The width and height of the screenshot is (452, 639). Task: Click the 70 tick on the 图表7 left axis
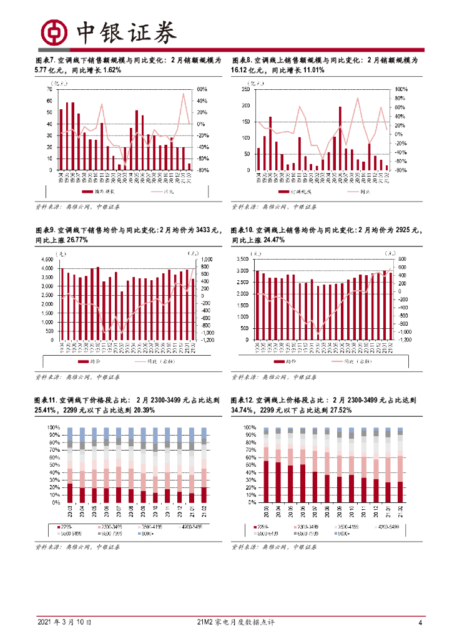click(x=49, y=89)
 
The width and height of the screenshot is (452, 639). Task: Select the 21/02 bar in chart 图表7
click(x=190, y=167)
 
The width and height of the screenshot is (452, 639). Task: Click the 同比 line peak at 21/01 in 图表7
click(x=184, y=94)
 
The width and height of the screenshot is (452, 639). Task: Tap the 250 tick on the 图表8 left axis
click(x=245, y=89)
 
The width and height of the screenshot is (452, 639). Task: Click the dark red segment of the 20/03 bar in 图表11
click(x=70, y=493)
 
